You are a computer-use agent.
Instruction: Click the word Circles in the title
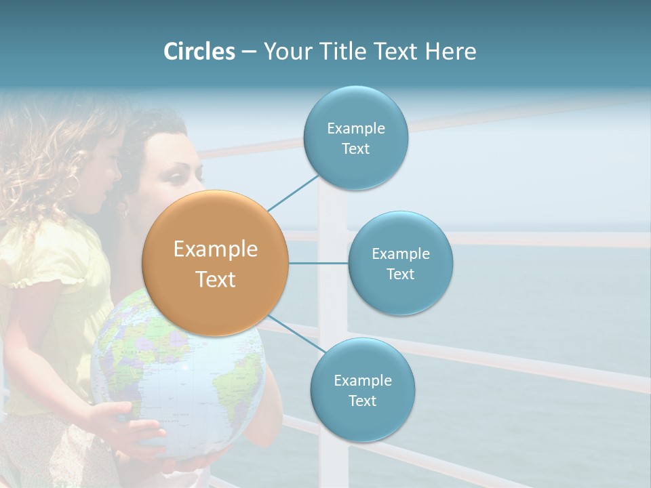199,52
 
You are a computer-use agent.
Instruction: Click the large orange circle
215,263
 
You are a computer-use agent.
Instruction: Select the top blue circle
355,138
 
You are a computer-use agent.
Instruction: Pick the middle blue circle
400,263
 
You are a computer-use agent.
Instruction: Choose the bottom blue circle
362,390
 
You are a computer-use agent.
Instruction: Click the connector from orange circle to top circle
294,192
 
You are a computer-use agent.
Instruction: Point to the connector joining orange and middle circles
318,263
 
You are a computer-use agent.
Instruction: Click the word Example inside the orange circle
215,249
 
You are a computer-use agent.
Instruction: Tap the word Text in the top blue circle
355,148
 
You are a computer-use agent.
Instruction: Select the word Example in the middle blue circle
400,253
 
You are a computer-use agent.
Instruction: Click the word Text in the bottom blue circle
362,401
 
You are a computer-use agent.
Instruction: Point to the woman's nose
197,178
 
